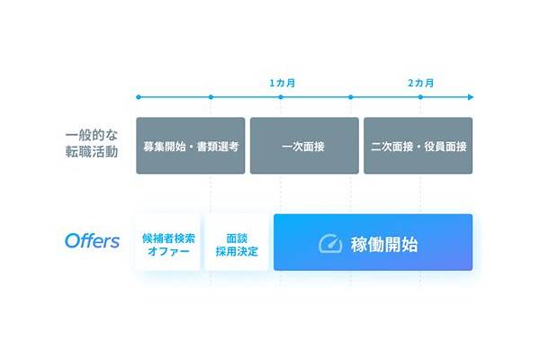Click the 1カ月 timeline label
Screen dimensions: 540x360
pyautogui.click(x=282, y=83)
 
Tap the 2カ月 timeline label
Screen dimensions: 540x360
pyautogui.click(x=420, y=83)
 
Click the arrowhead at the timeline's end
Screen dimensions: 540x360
pyautogui.click(x=471, y=97)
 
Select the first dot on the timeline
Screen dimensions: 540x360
pyautogui.click(x=139, y=97)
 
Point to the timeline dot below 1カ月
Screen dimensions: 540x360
pyautogui.click(x=281, y=97)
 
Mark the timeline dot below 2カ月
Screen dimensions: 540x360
pyautogui.click(x=420, y=97)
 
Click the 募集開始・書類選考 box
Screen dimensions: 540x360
pyautogui.click(x=191, y=146)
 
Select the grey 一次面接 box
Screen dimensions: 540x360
pyautogui.click(x=304, y=146)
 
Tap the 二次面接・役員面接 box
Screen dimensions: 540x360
pyautogui.click(x=418, y=146)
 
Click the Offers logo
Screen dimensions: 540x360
pyautogui.click(x=93, y=241)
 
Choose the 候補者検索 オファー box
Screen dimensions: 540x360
pyautogui.click(x=168, y=242)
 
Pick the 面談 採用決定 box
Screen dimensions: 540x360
pyautogui.click(x=237, y=242)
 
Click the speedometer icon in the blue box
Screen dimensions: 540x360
pyautogui.click(x=330, y=244)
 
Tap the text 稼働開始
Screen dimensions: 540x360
pyautogui.click(x=384, y=245)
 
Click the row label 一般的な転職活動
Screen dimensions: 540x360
pyautogui.click(x=92, y=143)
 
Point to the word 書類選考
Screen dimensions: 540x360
pyautogui.click(x=218, y=147)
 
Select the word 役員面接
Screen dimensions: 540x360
pyautogui.click(x=445, y=147)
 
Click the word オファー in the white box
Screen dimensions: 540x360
pyautogui.click(x=168, y=251)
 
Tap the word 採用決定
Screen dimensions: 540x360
pyautogui.click(x=237, y=251)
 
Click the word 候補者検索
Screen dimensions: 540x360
pyautogui.click(x=168, y=238)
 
